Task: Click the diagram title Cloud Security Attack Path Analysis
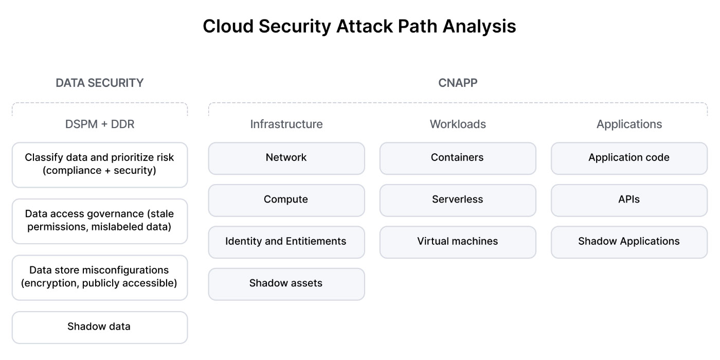pyautogui.click(x=359, y=26)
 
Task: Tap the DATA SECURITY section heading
pyautogui.click(x=99, y=83)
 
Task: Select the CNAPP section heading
pyautogui.click(x=458, y=83)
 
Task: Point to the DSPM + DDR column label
pyautogui.click(x=100, y=124)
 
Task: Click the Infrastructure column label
pyautogui.click(x=286, y=124)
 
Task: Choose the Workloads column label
pyautogui.click(x=458, y=124)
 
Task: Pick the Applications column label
pyautogui.click(x=629, y=124)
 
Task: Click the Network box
pyautogui.click(x=286, y=158)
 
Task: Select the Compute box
pyautogui.click(x=286, y=200)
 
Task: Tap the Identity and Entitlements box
pyautogui.click(x=286, y=242)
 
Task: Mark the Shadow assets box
pyautogui.click(x=286, y=283)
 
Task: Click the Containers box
pyautogui.click(x=458, y=158)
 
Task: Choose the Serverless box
pyautogui.click(x=458, y=200)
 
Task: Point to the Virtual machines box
pyautogui.click(x=458, y=242)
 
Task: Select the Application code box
pyautogui.click(x=629, y=158)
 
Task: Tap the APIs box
pyautogui.click(x=629, y=200)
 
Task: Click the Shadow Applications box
pyautogui.click(x=629, y=242)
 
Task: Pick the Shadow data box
pyautogui.click(x=100, y=327)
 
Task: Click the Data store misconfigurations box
pyautogui.click(x=100, y=277)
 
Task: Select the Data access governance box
pyautogui.click(x=100, y=221)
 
